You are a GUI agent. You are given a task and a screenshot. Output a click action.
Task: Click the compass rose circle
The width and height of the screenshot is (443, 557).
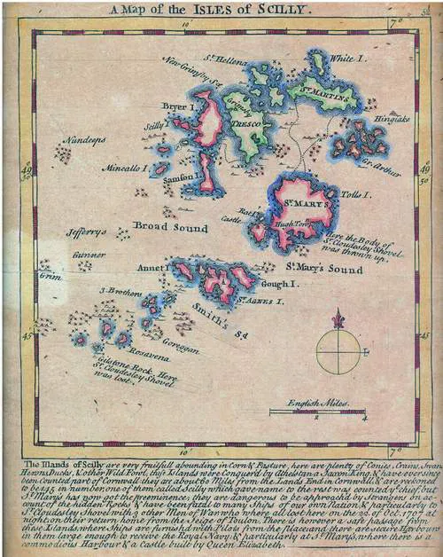[x=338, y=351]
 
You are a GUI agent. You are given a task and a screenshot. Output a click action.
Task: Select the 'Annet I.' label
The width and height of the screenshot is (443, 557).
[x=152, y=267]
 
